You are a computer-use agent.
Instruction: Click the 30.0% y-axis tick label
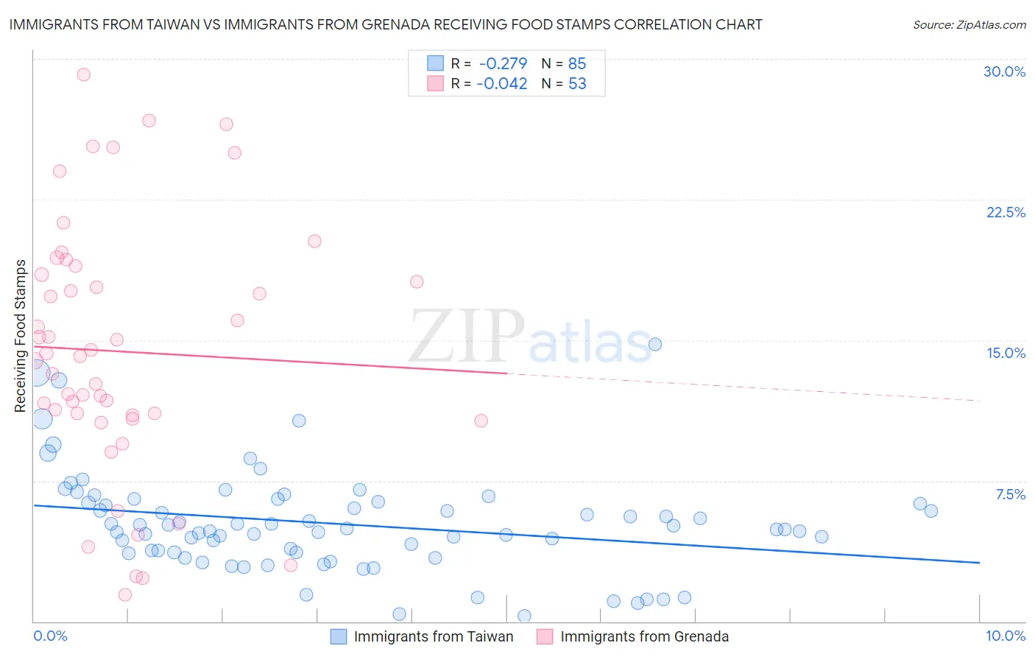point(1004,71)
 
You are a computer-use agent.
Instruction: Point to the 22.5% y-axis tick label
point(1006,212)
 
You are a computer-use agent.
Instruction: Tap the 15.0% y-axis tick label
point(1006,353)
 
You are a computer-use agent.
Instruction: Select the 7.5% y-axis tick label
point(1010,494)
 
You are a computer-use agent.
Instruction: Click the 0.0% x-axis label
point(50,636)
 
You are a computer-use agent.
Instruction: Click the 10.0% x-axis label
point(1005,636)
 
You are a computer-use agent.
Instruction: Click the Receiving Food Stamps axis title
point(21,336)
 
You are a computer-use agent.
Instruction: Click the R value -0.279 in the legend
point(503,64)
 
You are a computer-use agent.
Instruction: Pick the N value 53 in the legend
point(577,84)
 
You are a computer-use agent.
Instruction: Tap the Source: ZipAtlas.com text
point(969,25)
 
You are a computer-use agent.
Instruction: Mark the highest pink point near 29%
point(84,74)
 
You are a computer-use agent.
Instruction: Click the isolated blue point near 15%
point(654,344)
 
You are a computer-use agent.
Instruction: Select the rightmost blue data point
point(931,510)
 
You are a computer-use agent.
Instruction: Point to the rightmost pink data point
point(481,421)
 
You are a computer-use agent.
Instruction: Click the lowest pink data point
point(125,594)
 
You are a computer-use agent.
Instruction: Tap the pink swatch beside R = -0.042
point(436,83)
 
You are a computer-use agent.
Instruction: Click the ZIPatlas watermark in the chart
point(530,337)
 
